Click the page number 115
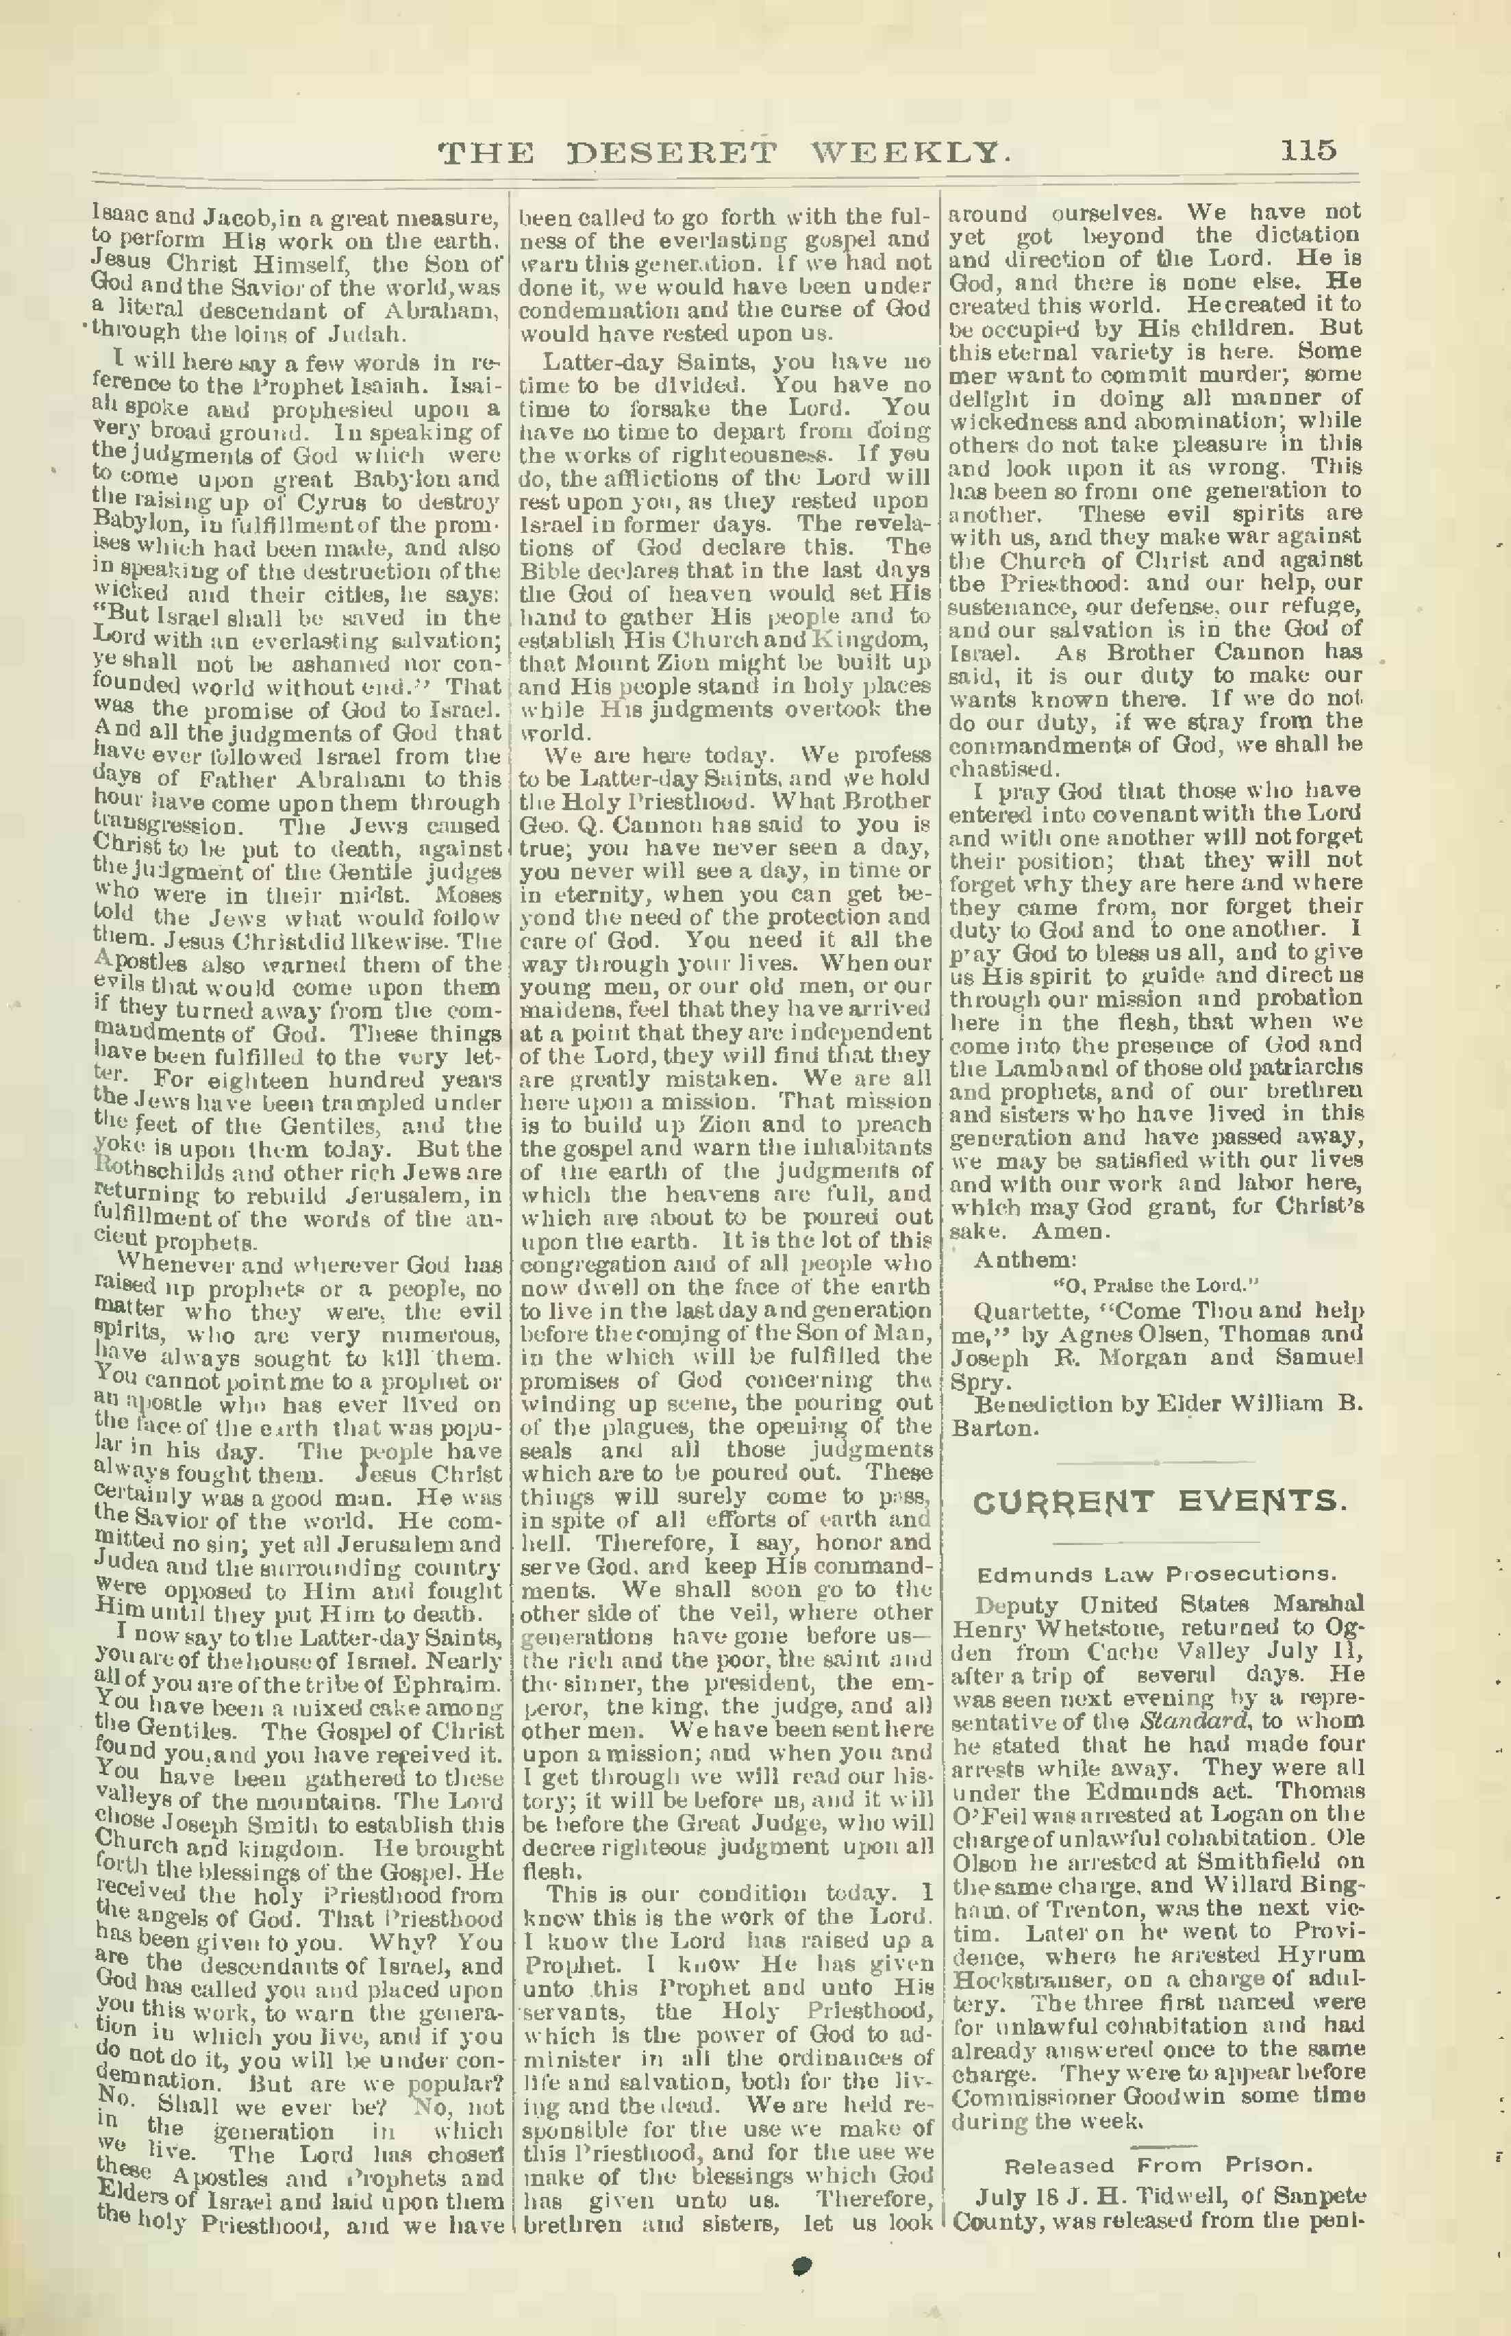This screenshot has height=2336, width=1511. tap(1307, 150)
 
